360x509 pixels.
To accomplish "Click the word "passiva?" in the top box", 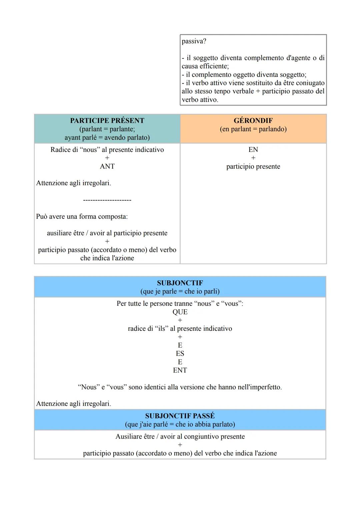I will click(194, 41).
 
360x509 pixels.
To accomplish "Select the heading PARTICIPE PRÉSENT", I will click(107, 121).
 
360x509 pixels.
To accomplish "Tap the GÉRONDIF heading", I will click(253, 121).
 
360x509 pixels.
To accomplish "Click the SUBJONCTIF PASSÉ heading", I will click(180, 416).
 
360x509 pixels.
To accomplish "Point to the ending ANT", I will click(107, 166).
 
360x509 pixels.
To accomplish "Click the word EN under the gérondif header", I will click(253, 150).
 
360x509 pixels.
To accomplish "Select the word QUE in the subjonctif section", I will click(180, 312).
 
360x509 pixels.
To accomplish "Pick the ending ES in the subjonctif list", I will click(180, 353).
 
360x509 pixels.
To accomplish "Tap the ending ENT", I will click(180, 370).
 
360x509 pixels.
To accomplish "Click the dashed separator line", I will click(107, 200).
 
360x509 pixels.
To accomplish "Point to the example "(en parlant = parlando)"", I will click(253, 129).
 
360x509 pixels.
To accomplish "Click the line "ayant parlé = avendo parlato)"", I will click(107, 137).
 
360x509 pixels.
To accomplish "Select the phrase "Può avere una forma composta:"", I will click(82, 217).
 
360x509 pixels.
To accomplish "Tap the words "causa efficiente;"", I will click(205, 66).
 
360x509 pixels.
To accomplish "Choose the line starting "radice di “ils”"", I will click(180, 328).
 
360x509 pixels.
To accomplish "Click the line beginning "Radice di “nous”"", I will click(107, 150).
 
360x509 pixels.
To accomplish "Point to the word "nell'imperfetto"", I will click(258, 387).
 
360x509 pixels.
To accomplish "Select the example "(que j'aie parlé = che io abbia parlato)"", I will click(180, 424).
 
